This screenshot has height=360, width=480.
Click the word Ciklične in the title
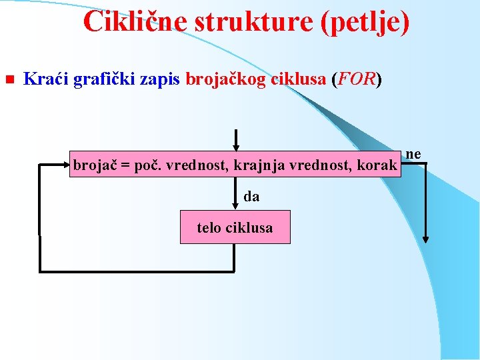[x=136, y=22]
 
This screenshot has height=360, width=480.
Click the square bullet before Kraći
[x=9, y=80]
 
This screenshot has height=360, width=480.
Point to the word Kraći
[x=45, y=80]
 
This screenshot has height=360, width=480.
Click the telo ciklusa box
[x=235, y=227]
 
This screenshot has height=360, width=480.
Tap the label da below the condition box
[x=251, y=197]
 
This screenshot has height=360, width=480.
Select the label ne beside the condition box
[x=413, y=154]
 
